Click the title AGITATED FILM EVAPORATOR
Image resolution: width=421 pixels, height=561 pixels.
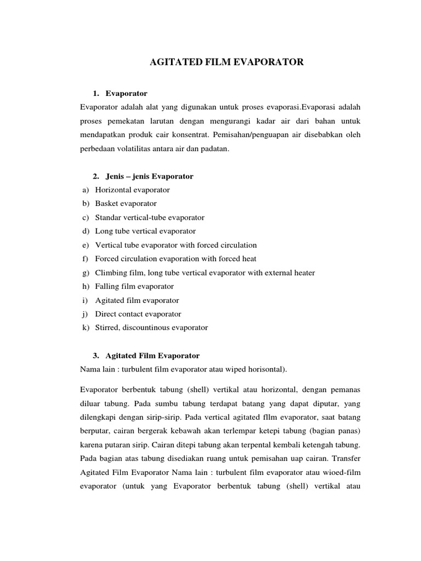[x=226, y=63]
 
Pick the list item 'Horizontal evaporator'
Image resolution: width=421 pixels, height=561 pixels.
[x=132, y=190]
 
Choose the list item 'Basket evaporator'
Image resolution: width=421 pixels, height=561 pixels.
[x=126, y=204]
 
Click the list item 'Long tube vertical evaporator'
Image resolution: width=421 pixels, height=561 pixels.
[x=145, y=231]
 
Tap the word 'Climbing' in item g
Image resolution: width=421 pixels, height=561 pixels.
[x=110, y=273]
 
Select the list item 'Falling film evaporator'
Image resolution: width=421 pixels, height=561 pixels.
[x=134, y=287]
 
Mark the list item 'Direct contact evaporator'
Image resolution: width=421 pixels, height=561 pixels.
[x=138, y=314]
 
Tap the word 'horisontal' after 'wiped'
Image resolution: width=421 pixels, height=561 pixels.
[x=265, y=369]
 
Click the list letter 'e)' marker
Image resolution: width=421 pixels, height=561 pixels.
[x=86, y=245]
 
